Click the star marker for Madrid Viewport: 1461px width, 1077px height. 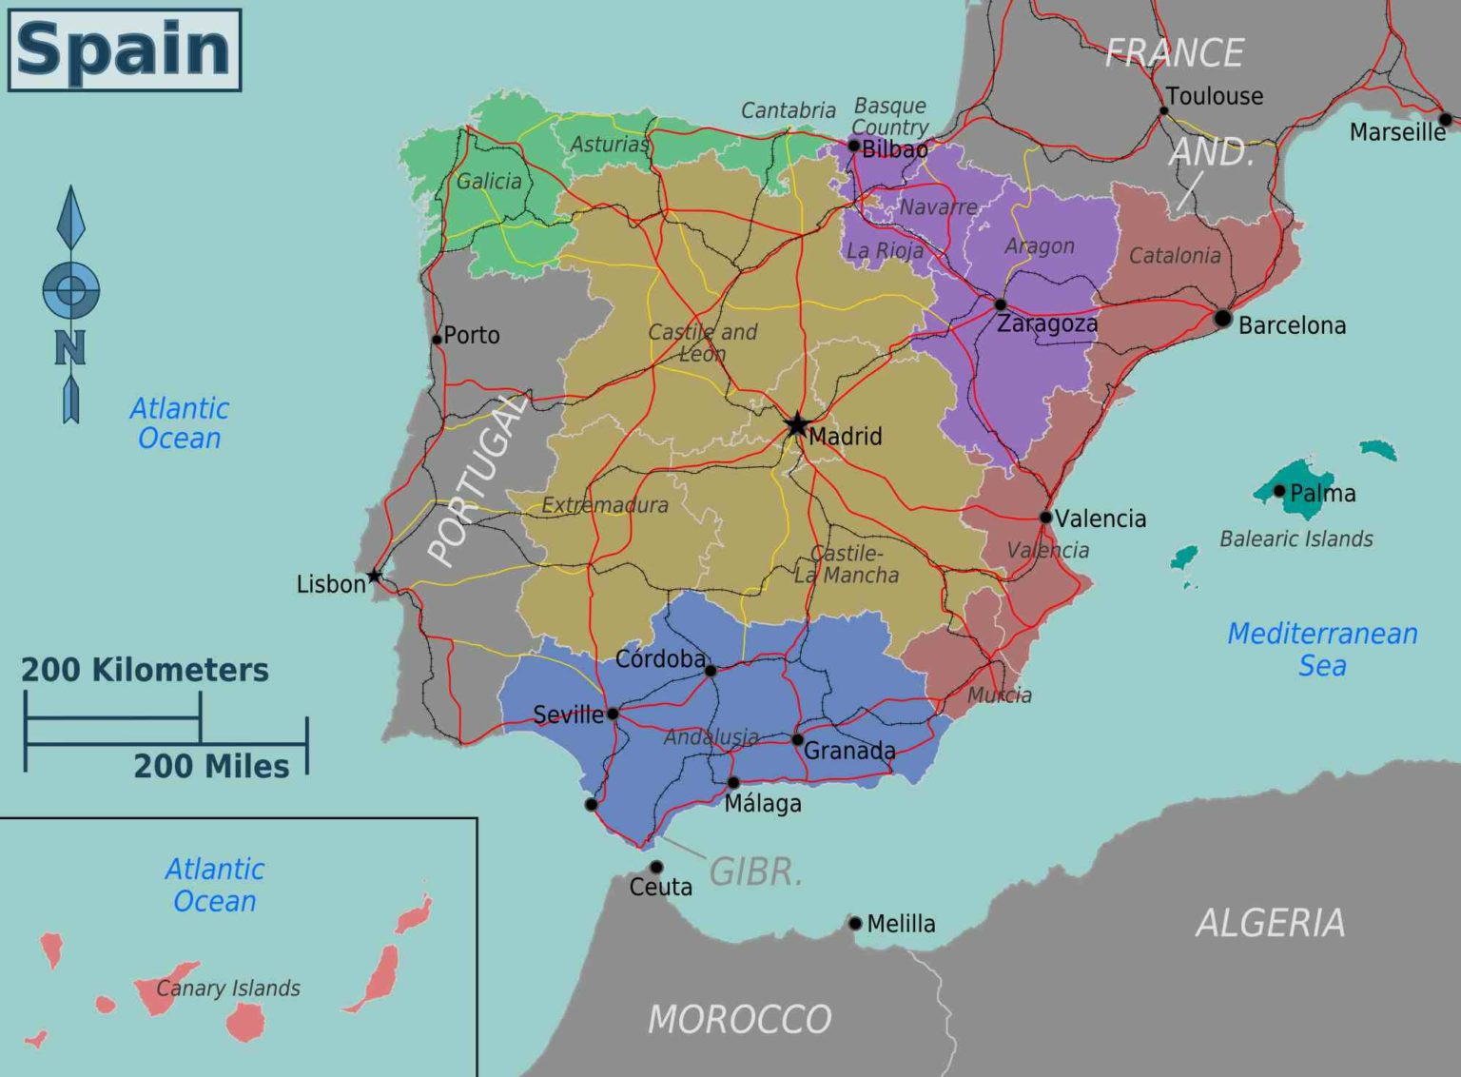tap(796, 424)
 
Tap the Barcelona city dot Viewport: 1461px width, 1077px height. tap(1223, 319)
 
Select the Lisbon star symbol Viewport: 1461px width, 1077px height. tap(375, 576)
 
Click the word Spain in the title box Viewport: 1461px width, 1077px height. tap(124, 49)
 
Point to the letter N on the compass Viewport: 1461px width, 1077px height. tap(69, 348)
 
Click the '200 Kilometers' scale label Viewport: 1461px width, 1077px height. tap(145, 670)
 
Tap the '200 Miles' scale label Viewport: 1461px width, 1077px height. tap(211, 766)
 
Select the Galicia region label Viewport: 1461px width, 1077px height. tap(489, 181)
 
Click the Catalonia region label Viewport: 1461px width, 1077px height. tap(1175, 255)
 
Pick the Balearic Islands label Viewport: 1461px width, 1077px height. tap(1295, 538)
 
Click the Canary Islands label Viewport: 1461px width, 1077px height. tap(228, 989)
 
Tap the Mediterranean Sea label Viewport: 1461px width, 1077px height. tap(1322, 649)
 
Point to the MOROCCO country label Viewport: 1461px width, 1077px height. tap(739, 1019)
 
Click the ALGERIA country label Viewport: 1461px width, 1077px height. tap(1270, 922)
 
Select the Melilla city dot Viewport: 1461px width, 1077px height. tap(855, 923)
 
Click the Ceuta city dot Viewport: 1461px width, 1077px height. tap(656, 867)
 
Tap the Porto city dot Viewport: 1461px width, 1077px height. tap(437, 339)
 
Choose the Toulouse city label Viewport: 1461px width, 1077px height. tap(1215, 96)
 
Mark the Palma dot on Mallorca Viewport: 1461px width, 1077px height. tap(1279, 491)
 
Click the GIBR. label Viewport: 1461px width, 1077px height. tap(755, 871)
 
